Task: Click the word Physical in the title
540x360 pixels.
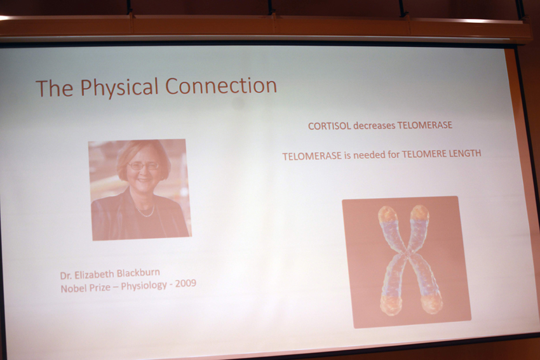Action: (119, 88)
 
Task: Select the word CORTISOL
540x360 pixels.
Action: (329, 126)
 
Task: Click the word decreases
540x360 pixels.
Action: (374, 126)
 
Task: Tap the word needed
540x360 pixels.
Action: (369, 155)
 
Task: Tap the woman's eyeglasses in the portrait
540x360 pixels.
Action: (144, 166)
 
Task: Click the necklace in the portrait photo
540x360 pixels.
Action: (145, 211)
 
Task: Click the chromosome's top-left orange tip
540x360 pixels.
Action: (388, 214)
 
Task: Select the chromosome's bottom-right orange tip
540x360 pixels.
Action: (431, 303)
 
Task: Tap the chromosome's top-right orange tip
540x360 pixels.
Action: (420, 212)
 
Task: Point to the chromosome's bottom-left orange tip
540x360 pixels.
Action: (391, 305)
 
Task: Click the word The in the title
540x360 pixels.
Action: (55, 88)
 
